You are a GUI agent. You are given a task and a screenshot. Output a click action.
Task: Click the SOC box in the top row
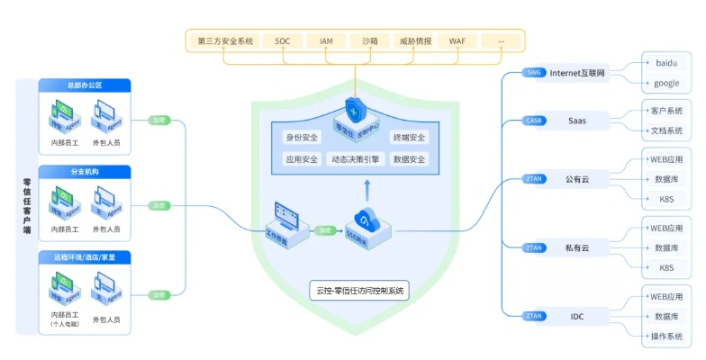point(283,41)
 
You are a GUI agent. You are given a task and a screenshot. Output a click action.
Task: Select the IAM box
point(326,41)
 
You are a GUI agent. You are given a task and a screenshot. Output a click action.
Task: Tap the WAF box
point(457,41)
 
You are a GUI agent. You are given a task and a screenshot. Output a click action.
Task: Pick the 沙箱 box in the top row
point(370,41)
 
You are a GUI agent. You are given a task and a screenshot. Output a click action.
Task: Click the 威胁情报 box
point(414,41)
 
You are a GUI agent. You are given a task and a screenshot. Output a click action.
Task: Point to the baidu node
point(666,64)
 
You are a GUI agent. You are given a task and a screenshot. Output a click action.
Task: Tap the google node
point(666,83)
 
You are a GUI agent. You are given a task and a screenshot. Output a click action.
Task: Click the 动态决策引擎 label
point(355,159)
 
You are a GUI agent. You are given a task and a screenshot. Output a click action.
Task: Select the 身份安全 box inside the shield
point(302,138)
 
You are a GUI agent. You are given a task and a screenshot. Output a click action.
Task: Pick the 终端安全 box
point(410,138)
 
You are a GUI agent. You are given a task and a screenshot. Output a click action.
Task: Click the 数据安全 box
point(410,159)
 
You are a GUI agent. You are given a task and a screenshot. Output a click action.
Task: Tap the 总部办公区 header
point(85,85)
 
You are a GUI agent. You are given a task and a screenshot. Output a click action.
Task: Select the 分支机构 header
point(85,171)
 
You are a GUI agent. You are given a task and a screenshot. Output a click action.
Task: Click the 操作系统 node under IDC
point(666,337)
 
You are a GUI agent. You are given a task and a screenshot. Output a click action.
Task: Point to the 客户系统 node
point(666,111)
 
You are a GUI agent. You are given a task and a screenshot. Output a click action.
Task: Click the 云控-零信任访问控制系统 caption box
point(358,291)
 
